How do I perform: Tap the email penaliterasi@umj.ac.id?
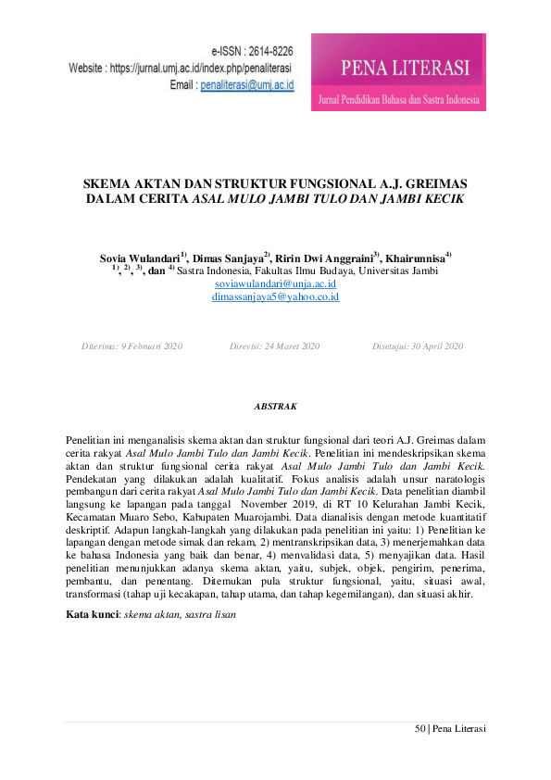click(247, 84)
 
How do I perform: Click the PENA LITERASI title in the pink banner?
click(405, 68)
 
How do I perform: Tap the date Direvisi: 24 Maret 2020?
click(273, 346)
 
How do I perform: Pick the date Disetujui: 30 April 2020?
click(418, 346)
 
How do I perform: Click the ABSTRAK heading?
click(275, 406)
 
